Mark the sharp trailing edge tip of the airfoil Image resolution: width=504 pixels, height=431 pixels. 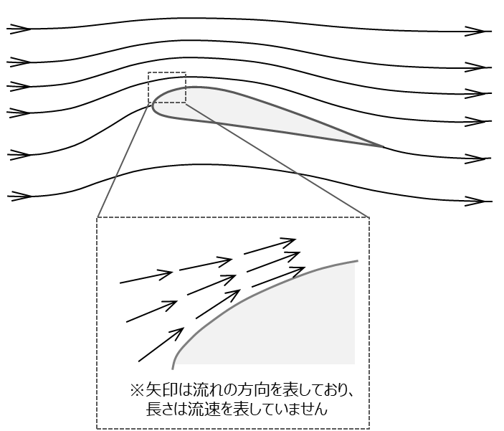point(382,146)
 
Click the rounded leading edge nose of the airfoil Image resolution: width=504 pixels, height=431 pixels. point(153,106)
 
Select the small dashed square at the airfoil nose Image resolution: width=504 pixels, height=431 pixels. point(166,87)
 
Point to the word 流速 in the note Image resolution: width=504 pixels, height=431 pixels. point(205,410)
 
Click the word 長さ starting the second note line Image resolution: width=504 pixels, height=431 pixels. point(159,410)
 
